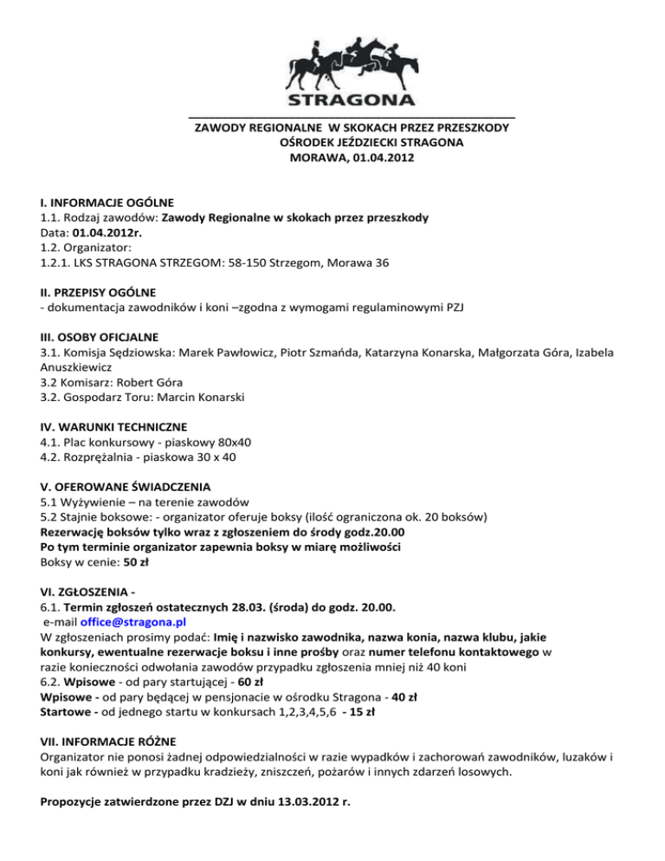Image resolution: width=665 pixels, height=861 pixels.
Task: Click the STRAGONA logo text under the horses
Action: point(352,96)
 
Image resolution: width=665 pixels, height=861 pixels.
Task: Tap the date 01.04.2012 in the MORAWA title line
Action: point(377,159)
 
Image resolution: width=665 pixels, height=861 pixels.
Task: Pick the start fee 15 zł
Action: point(360,713)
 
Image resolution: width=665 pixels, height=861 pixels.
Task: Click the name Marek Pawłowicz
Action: point(217,353)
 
